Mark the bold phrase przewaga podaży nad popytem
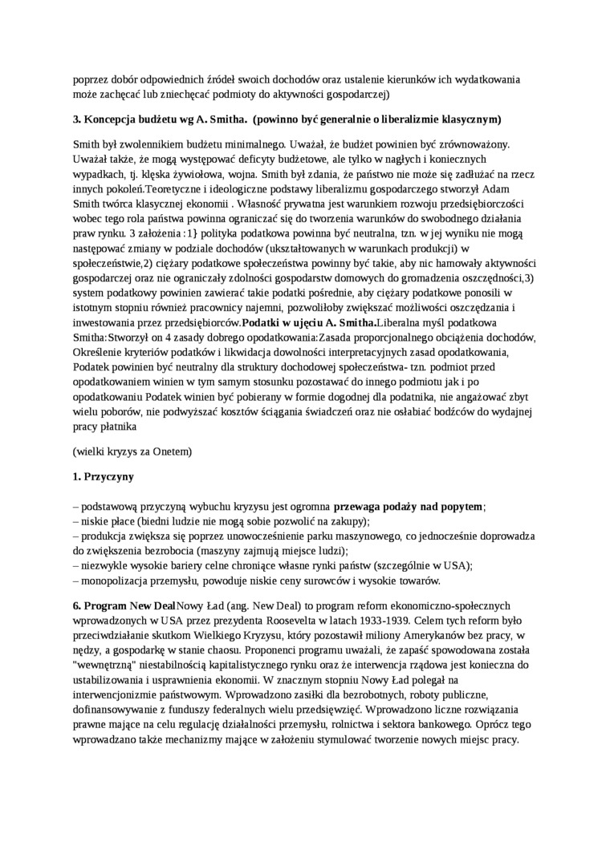[x=408, y=506]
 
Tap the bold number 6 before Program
[x=75, y=605]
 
